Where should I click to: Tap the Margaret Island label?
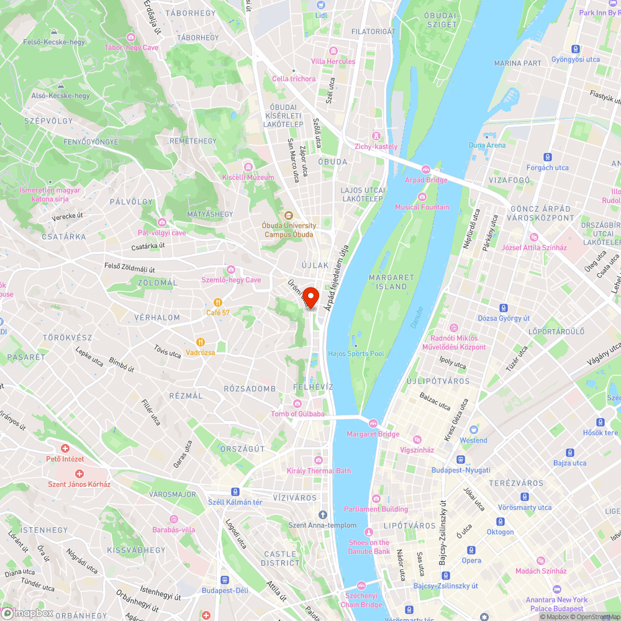[x=388, y=282]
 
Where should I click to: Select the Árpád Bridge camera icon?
[x=426, y=170]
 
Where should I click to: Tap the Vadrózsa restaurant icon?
[x=201, y=342]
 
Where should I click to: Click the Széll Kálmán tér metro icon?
[x=236, y=491]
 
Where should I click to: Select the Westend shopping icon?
[x=474, y=430]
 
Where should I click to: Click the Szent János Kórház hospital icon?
[x=79, y=474]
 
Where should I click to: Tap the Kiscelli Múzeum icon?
[x=248, y=166]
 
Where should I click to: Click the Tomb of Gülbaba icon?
[x=297, y=404]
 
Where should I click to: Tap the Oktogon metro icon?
[x=500, y=521]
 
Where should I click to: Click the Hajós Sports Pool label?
[x=356, y=354]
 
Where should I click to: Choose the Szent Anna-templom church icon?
[x=322, y=514]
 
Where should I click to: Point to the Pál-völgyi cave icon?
[x=161, y=222]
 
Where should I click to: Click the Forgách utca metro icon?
[x=547, y=157]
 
